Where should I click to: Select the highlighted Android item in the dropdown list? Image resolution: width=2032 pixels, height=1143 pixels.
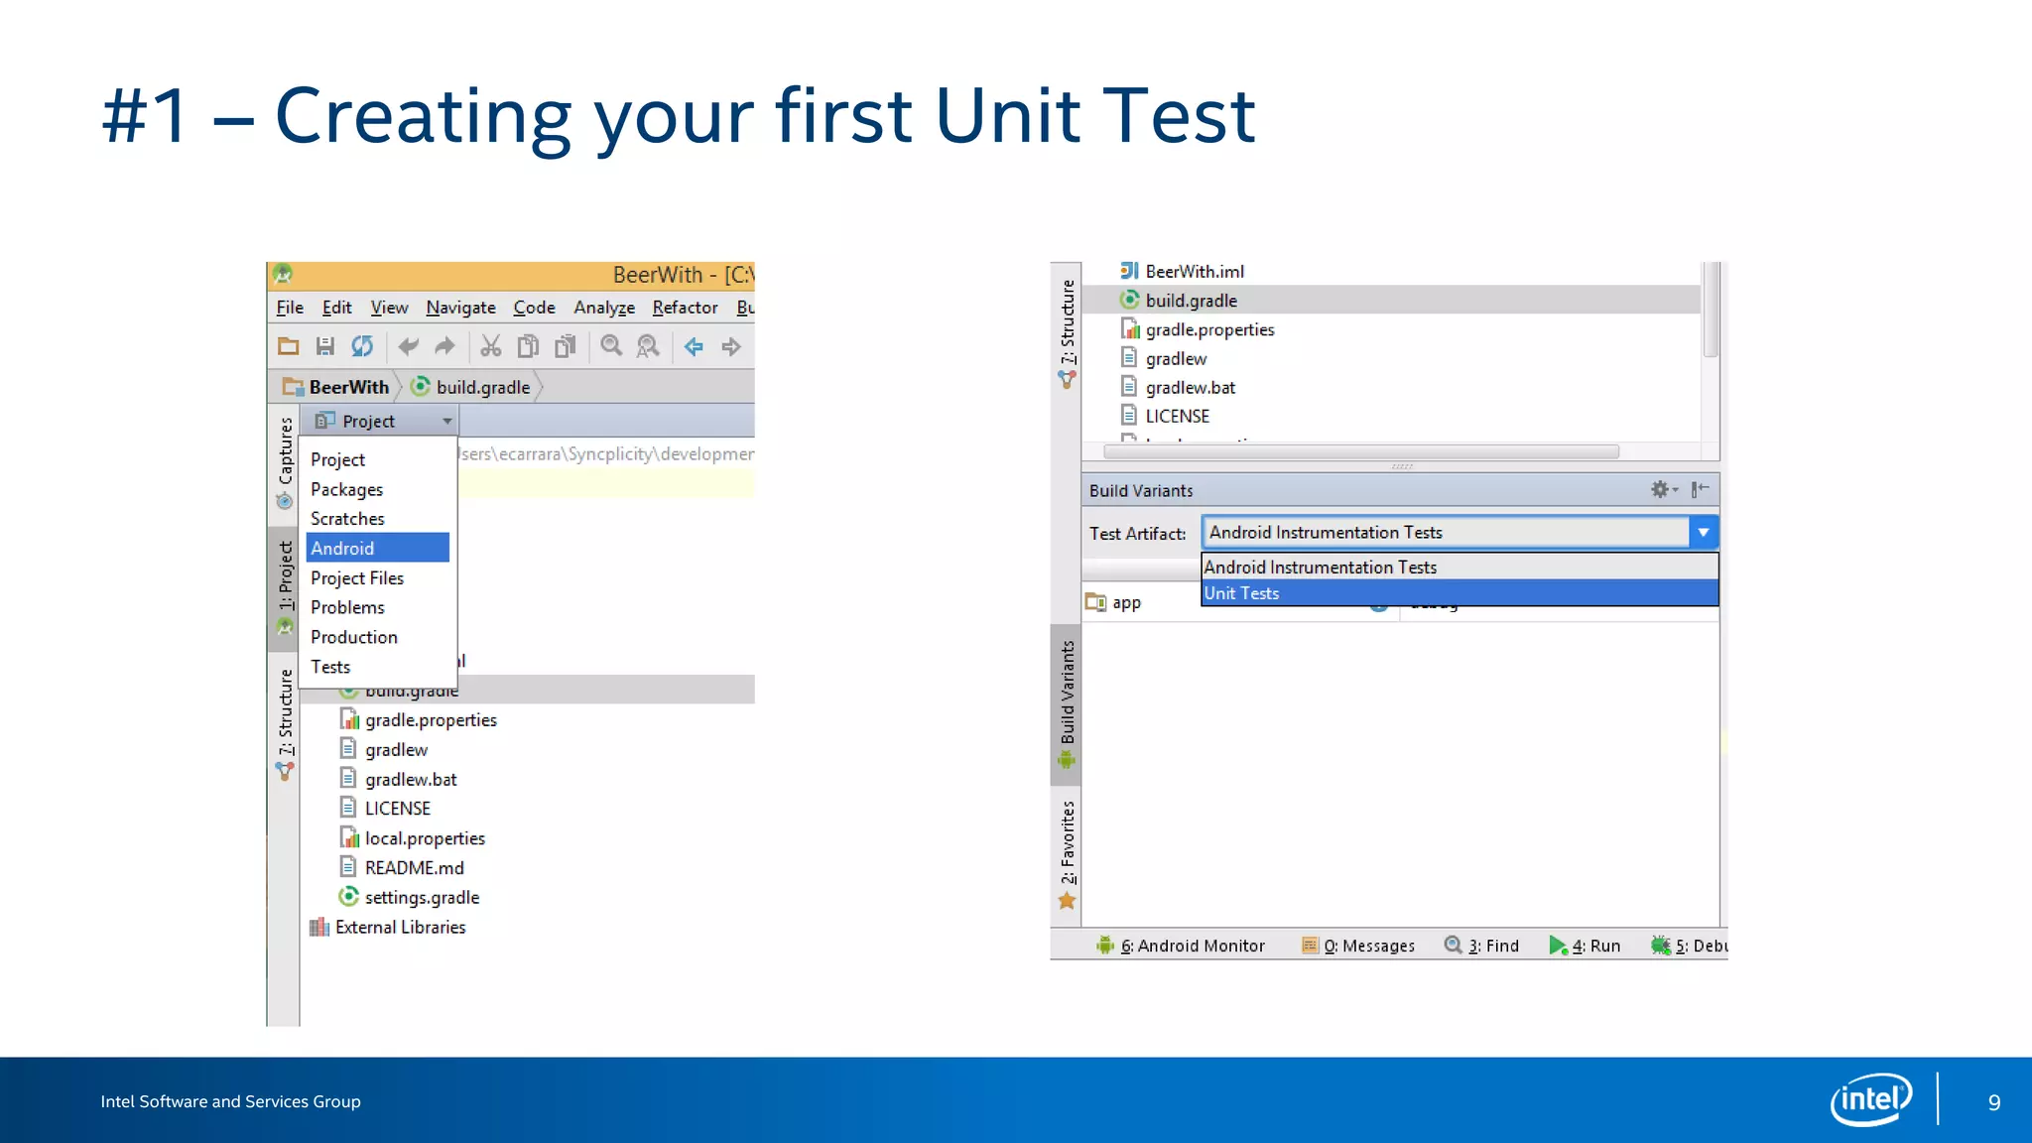[377, 548]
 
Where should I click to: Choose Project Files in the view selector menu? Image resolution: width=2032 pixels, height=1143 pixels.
[357, 577]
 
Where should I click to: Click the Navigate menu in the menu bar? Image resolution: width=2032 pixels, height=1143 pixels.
[460, 308]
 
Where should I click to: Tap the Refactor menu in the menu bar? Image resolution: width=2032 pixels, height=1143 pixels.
[685, 308]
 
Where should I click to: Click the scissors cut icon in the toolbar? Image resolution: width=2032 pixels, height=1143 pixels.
[490, 346]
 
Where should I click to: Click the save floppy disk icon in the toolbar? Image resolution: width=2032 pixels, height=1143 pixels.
[324, 346]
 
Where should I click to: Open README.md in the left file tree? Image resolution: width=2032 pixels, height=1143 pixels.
[414, 868]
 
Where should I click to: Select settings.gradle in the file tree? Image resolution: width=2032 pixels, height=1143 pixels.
[422, 898]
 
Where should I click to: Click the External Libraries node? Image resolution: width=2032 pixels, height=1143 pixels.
[400, 927]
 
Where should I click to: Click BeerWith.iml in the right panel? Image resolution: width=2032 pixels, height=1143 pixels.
[1194, 272]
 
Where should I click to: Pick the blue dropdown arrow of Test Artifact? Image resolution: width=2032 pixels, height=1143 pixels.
[1704, 533]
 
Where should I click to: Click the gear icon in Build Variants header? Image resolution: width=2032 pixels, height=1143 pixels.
[1660, 489]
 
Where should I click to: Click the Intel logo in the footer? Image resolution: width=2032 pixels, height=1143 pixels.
[1870, 1099]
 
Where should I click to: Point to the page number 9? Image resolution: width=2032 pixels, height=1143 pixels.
[1993, 1102]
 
